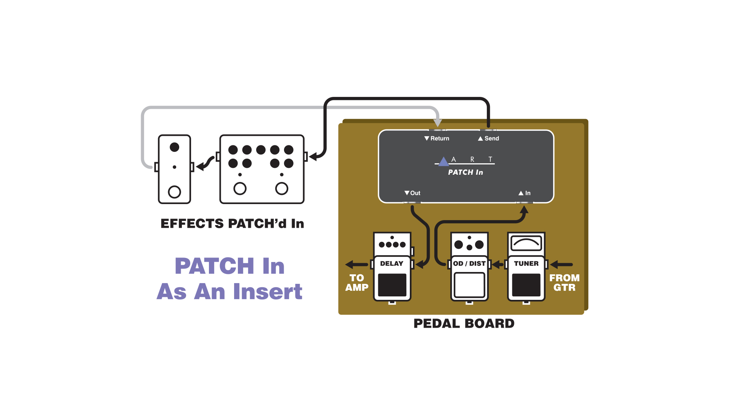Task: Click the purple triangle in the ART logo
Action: point(443,162)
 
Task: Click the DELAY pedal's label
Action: point(392,264)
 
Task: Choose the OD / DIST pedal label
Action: point(469,264)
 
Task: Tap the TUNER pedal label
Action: point(526,264)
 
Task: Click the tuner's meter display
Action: point(526,243)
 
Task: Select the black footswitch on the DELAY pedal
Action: point(392,285)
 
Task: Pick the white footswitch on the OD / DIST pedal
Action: point(469,285)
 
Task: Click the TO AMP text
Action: point(357,283)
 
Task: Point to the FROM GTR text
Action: point(564,283)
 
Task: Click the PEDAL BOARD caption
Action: point(464,323)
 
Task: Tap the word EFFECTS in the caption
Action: point(192,224)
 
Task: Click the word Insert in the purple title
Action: point(268,292)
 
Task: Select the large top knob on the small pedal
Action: point(174,147)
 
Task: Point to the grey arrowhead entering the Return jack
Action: point(438,122)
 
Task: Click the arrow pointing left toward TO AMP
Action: point(356,264)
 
